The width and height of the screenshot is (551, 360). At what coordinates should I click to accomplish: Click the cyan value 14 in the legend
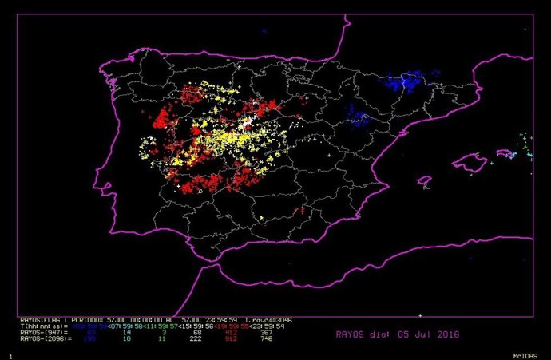[x=126, y=333]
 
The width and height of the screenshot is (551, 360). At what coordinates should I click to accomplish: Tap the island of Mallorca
[x=470, y=164]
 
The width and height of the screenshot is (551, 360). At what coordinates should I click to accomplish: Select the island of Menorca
[x=505, y=152]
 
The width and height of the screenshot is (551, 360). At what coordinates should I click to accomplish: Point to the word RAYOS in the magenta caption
[x=350, y=335]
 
